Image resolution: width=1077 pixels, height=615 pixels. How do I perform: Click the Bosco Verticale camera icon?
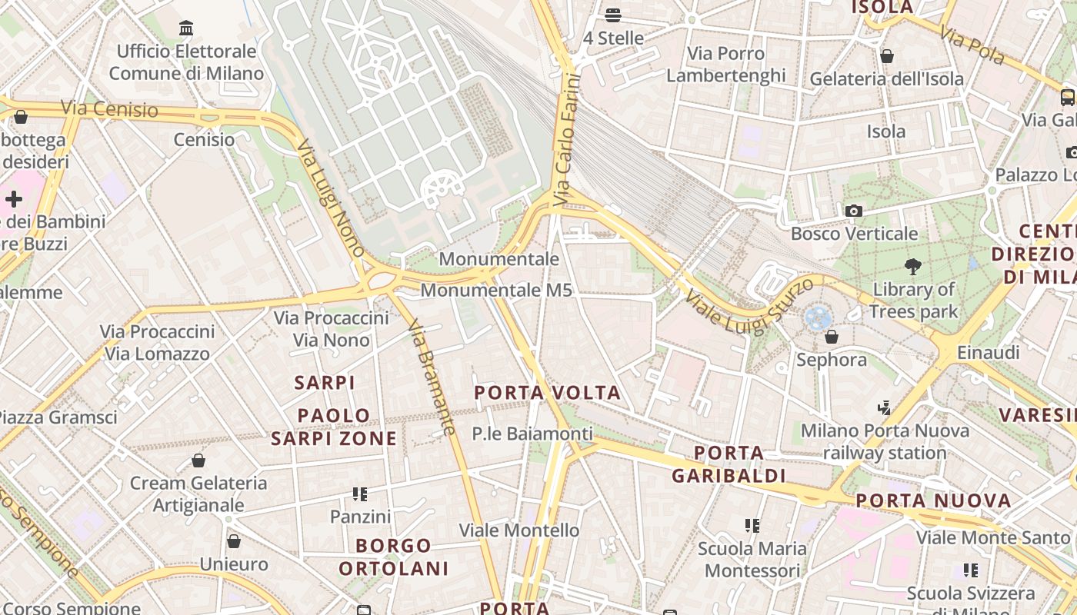853,211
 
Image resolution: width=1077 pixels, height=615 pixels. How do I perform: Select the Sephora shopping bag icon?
831,337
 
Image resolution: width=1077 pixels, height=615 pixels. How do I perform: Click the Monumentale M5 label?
496,291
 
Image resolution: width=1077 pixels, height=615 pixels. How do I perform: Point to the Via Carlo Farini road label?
565,138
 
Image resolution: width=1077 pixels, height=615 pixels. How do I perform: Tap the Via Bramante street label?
432,377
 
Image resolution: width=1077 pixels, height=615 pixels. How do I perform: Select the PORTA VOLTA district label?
547,393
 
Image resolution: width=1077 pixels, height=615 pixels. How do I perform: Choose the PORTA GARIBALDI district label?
729,464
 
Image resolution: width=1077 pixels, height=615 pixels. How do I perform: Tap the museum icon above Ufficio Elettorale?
186,29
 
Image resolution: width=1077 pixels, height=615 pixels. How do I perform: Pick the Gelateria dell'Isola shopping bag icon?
887,56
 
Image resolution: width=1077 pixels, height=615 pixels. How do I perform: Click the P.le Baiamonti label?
532,434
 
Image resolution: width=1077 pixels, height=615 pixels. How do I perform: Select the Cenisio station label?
204,140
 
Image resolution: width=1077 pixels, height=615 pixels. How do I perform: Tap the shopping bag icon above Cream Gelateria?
198,460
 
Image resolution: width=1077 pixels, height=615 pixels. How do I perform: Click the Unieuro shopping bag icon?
234,541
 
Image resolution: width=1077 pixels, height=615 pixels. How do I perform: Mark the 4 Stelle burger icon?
613,15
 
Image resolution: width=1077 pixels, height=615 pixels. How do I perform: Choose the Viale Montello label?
518,530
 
